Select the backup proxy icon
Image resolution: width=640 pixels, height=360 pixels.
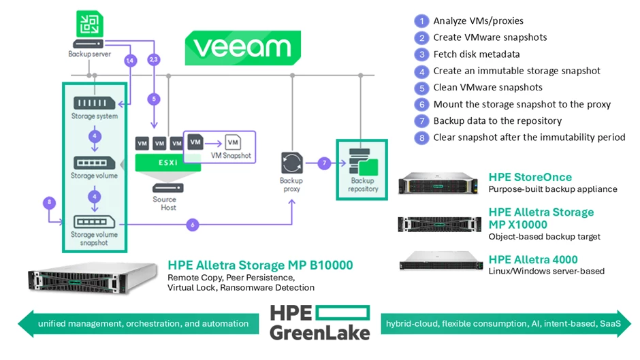(291, 163)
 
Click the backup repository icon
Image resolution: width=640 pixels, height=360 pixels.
(362, 163)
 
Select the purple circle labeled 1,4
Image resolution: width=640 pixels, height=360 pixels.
(131, 61)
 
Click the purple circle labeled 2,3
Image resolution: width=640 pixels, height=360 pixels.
(155, 61)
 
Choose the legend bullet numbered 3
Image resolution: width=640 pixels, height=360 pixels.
(421, 54)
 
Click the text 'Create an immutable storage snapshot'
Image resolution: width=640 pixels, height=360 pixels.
(517, 71)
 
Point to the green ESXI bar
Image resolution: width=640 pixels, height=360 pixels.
(163, 163)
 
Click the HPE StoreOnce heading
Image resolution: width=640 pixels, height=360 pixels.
(530, 177)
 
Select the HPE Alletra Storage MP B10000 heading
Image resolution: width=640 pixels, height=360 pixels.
(260, 265)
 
